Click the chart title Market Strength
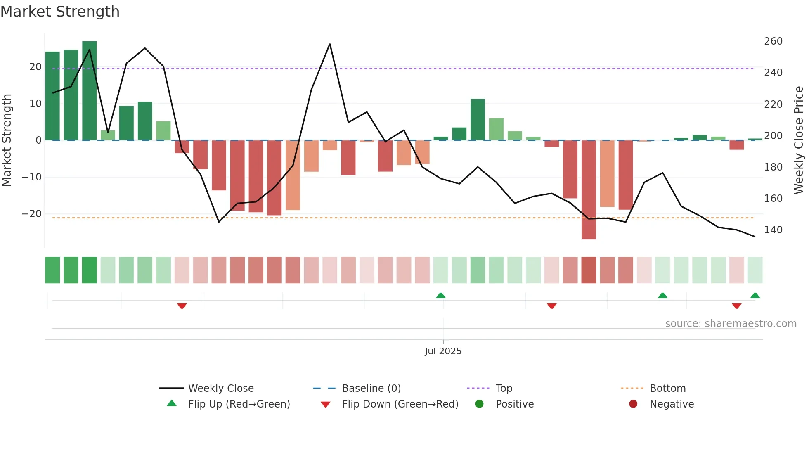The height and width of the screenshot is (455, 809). coord(60,12)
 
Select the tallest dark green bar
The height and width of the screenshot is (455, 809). coord(90,91)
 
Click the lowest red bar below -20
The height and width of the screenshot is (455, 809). coord(589,190)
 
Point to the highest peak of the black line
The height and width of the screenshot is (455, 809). coord(330,44)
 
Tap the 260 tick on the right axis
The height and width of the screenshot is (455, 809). coord(773,41)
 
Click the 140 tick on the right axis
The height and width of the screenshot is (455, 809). coord(773,230)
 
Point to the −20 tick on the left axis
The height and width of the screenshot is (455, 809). coord(32,214)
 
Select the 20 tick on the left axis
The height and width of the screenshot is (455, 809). coord(35,67)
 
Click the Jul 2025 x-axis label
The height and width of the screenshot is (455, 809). coord(443,351)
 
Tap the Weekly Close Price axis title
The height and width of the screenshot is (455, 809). coord(799,140)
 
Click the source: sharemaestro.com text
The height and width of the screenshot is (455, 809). coord(731,324)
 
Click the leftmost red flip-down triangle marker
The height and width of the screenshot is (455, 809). coord(182,306)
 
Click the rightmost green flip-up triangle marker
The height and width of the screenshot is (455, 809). coord(755,295)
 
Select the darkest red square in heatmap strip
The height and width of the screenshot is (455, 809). coord(589,270)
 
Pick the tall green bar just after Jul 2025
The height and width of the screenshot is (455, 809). coord(478,120)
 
